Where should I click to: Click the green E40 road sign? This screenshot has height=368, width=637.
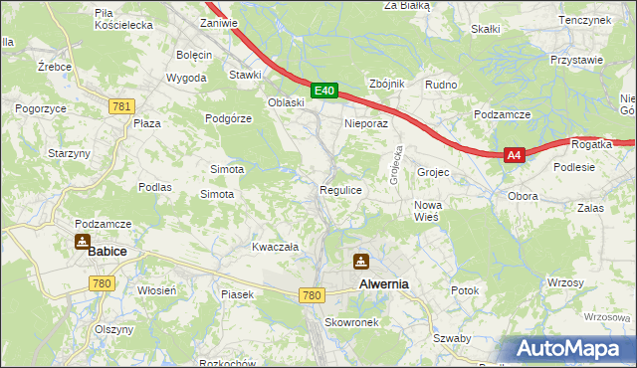point(323,91)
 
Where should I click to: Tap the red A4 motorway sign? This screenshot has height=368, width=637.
point(514,155)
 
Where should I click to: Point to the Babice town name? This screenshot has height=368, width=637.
point(106,252)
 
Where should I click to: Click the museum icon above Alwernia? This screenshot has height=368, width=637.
point(360,262)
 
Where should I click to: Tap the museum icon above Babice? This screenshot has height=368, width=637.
point(81,242)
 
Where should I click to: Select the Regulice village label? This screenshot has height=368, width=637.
point(339,189)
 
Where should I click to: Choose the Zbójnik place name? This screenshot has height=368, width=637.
point(386,85)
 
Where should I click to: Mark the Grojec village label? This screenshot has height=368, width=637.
point(433,173)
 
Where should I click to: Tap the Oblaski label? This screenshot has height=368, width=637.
point(286,102)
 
